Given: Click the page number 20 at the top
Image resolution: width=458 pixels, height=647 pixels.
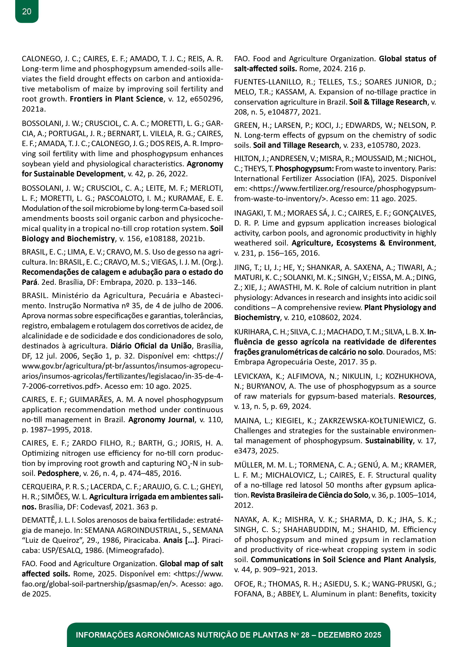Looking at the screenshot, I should [27, 12].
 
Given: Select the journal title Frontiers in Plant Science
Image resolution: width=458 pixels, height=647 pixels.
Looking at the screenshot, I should [116, 99].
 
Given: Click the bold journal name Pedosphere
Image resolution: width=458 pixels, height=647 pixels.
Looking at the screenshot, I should [58, 473].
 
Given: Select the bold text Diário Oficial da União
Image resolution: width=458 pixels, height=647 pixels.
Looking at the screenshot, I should [151, 346].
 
